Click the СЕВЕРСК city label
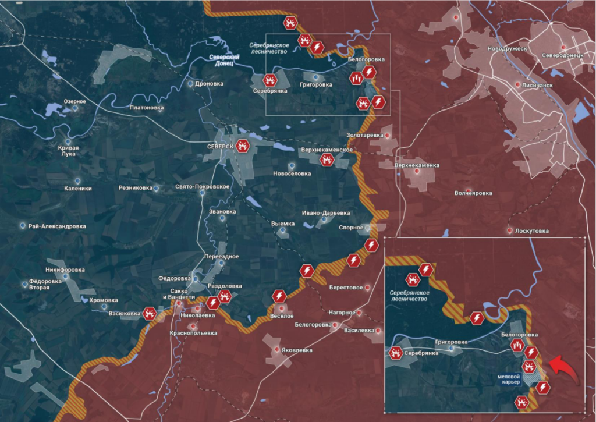pos(220,147)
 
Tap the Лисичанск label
pos(537,85)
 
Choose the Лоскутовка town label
pos(532,231)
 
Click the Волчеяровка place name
pos(473,193)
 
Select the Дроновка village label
pos(210,84)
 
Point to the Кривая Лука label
pos(69,151)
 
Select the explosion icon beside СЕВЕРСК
pos(243,146)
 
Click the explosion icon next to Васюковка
pos(151,314)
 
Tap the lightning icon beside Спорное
pos(369,244)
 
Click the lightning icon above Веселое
pos(279,296)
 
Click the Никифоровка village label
pos(65,270)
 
